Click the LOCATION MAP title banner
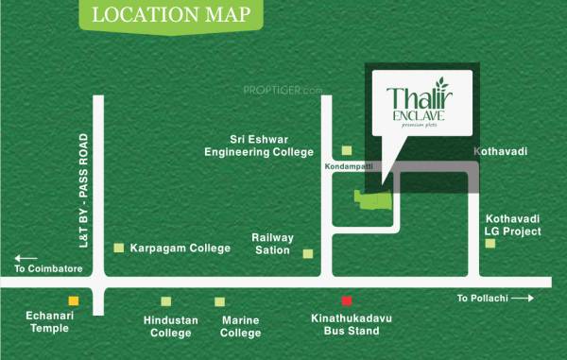164,17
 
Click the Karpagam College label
180,249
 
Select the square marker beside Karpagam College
118,248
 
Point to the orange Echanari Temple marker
74,300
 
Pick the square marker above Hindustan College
166,301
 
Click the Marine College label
240,326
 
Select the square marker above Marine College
220,301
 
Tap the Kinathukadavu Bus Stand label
345,326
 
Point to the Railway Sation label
272,245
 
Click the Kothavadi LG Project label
512,223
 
